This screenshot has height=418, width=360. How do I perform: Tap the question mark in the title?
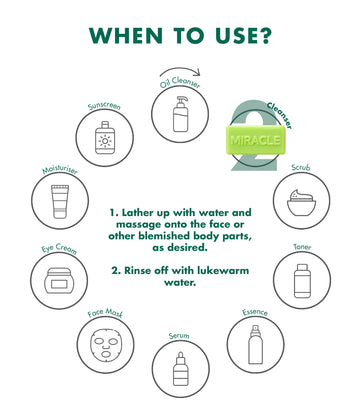point(264,35)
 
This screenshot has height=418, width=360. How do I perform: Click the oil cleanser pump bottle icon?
point(180,114)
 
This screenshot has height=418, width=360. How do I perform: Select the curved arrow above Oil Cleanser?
point(180,70)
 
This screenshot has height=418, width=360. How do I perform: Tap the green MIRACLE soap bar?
point(256,140)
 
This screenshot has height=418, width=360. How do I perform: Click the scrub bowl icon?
point(302,203)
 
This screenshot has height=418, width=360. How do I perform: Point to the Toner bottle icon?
point(302,281)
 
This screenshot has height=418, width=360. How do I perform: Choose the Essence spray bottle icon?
point(255,345)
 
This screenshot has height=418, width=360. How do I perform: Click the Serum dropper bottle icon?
point(181,369)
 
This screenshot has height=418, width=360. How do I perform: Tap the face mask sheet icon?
point(106,345)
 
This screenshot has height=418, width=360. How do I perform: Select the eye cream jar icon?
point(59,280)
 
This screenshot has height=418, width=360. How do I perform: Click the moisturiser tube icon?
point(60,202)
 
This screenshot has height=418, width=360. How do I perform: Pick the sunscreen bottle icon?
point(105,137)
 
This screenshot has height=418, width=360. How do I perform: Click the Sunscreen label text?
point(104,106)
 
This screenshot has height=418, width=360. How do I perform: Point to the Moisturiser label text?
point(60,170)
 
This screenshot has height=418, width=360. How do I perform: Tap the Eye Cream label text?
point(59,249)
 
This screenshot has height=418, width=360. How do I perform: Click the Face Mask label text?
point(105,313)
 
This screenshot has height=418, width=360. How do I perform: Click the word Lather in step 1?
point(139,212)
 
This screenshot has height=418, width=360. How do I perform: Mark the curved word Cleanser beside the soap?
point(281,115)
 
